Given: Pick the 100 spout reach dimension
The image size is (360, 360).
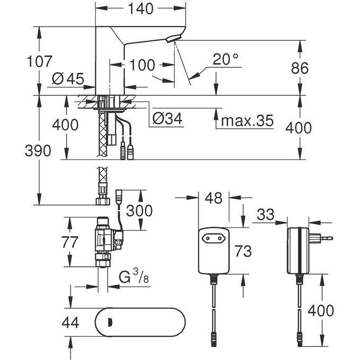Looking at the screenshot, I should [x=142, y=66].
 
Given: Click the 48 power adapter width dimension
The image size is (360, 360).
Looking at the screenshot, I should [x=214, y=199].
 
